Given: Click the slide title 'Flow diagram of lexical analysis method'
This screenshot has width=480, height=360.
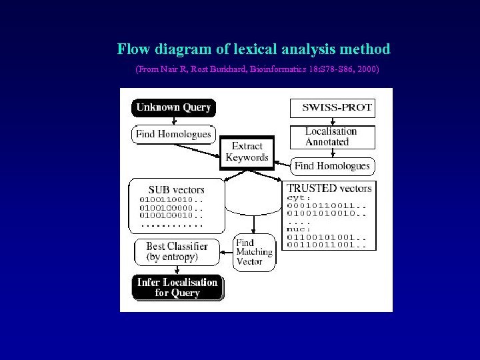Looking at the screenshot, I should pyautogui.click(x=253, y=49).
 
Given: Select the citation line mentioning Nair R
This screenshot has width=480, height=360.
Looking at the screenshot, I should pyautogui.click(x=257, y=69).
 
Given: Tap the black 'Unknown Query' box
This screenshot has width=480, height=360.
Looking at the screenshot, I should pyautogui.click(x=173, y=107).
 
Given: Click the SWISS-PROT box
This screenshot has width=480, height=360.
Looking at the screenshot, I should pyautogui.click(x=333, y=107).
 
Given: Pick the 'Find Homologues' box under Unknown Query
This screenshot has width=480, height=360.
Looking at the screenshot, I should pyautogui.click(x=173, y=134).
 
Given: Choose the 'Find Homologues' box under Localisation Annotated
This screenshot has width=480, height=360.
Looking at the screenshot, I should pyautogui.click(x=332, y=165).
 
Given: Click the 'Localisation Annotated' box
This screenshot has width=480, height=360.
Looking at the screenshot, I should pyautogui.click(x=332, y=137).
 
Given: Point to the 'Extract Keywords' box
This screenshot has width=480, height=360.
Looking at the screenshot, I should pyautogui.click(x=247, y=152).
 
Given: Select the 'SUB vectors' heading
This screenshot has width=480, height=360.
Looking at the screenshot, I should pyautogui.click(x=176, y=189).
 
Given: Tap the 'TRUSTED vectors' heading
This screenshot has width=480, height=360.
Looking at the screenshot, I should pyautogui.click(x=329, y=188).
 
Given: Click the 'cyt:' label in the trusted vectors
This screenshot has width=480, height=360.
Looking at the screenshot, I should pyautogui.click(x=298, y=198).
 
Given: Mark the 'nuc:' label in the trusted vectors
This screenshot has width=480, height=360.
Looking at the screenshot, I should pyautogui.click(x=298, y=229).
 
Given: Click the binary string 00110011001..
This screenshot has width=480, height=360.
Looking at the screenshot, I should pyautogui.click(x=326, y=245).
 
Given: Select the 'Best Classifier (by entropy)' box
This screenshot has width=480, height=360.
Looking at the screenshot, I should pyautogui.click(x=177, y=251).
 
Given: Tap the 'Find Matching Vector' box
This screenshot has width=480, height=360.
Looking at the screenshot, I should pyautogui.click(x=254, y=252).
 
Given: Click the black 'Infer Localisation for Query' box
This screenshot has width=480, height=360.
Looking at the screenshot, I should pyautogui.click(x=177, y=287).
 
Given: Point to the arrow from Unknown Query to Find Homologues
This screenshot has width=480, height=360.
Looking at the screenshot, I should pyautogui.click(x=173, y=120).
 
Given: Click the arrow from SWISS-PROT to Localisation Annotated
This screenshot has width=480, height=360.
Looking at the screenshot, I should pyautogui.click(x=332, y=121).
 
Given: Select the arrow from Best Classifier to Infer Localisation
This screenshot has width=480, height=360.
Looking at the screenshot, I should pyautogui.click(x=177, y=269).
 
